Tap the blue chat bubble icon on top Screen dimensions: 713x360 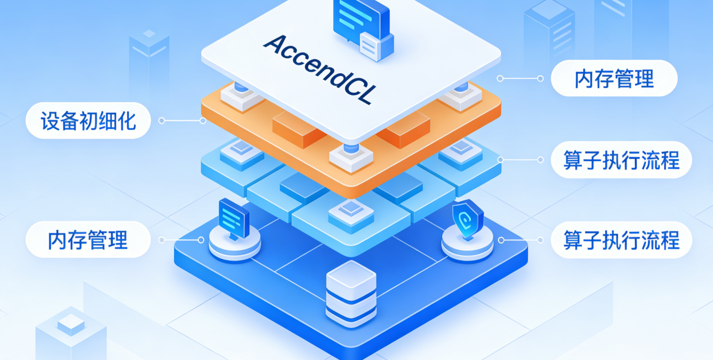(x=359, y=18)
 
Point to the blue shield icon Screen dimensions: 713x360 (x=467, y=219)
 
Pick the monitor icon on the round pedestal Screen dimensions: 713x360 (x=234, y=218)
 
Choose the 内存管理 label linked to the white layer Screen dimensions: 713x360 (x=614, y=79)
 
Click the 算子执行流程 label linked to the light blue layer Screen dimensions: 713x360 (x=621, y=160)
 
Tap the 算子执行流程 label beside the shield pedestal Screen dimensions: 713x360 (x=621, y=239)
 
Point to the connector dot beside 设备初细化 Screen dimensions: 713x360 (x=162, y=121)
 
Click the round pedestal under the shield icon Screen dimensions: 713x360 (x=467, y=243)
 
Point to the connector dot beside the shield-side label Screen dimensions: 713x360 (x=501, y=239)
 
